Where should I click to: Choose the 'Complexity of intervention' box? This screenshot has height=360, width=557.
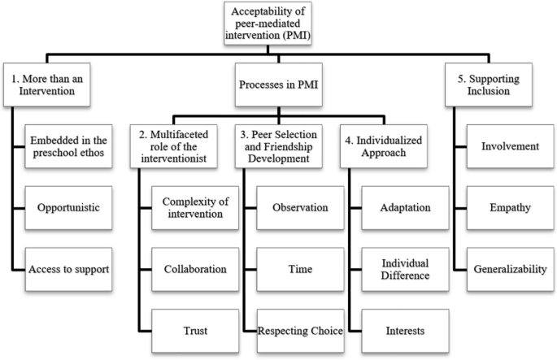click(194, 207)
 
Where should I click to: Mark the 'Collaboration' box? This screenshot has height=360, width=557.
click(194, 267)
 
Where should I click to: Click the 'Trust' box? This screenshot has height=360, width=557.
click(194, 329)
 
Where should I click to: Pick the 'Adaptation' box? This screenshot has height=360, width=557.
click(405, 207)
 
